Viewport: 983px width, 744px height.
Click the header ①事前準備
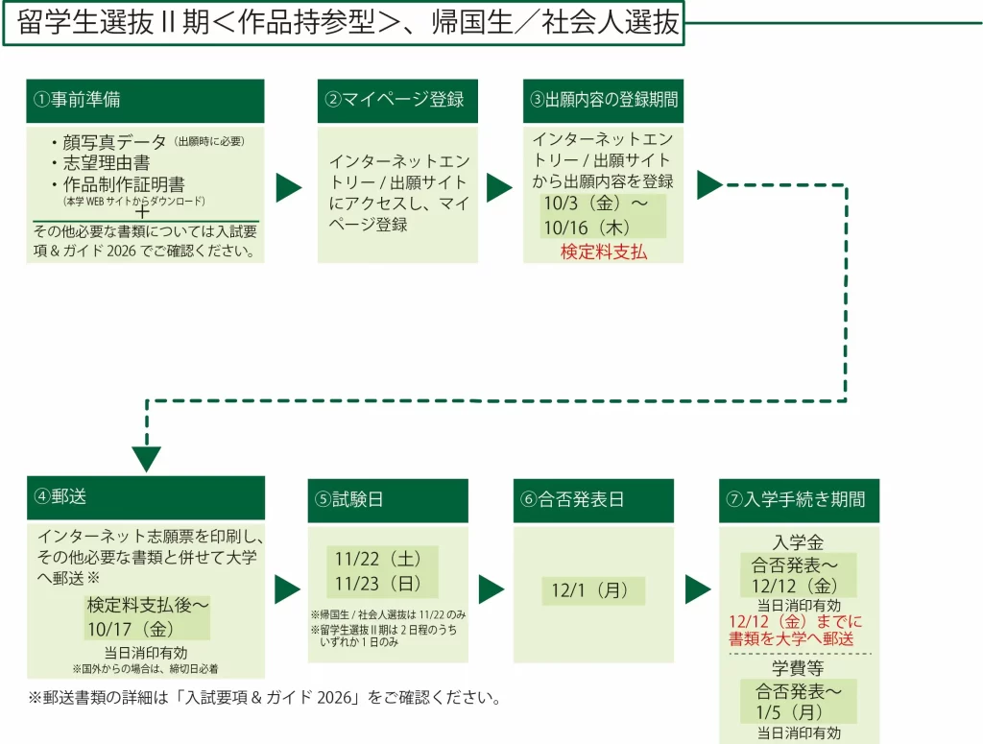tap(144, 100)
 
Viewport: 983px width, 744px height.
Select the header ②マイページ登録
tap(396, 100)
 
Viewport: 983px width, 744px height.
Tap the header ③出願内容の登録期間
tap(603, 100)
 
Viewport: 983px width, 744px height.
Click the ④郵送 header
tap(144, 497)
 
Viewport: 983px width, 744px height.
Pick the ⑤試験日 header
tap(388, 499)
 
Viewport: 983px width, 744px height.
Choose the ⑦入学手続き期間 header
tap(799, 499)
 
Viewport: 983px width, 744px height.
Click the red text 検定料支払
tap(604, 252)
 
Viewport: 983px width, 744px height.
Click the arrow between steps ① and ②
tap(289, 188)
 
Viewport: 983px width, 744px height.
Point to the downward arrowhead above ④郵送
tap(146, 458)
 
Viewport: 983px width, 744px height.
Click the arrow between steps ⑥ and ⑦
tap(698, 588)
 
